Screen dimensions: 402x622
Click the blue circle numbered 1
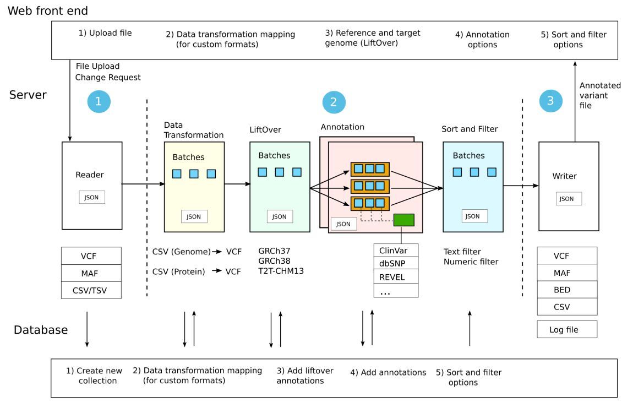click(99, 101)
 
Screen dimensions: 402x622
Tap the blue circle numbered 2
click(334, 101)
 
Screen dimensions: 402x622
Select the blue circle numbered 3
click(550, 101)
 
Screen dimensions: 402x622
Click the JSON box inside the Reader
click(92, 197)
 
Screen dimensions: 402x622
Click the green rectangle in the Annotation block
click(403, 220)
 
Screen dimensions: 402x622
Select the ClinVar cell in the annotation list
click(396, 250)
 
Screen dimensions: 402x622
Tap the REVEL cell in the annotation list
click(396, 277)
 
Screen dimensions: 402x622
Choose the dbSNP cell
click(396, 263)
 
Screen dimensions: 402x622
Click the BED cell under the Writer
click(567, 290)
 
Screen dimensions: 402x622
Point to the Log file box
click(567, 329)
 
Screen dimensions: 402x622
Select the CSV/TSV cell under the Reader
click(91, 290)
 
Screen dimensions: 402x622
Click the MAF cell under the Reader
click(91, 273)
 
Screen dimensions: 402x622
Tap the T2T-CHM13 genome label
click(281, 271)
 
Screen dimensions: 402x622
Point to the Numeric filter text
click(471, 262)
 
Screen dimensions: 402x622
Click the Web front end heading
click(48, 10)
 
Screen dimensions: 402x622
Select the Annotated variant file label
click(599, 95)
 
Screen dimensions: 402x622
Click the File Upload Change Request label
click(108, 72)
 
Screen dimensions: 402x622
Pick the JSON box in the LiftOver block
click(280, 216)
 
